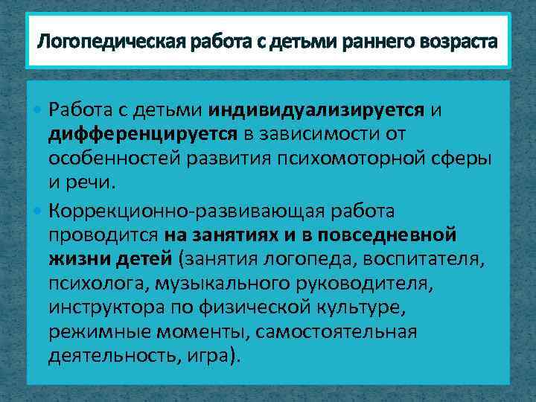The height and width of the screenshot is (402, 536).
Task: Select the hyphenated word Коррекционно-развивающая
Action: pyautogui.click(x=168, y=211)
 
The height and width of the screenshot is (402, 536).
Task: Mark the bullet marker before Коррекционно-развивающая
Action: pyautogui.click(x=38, y=211)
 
